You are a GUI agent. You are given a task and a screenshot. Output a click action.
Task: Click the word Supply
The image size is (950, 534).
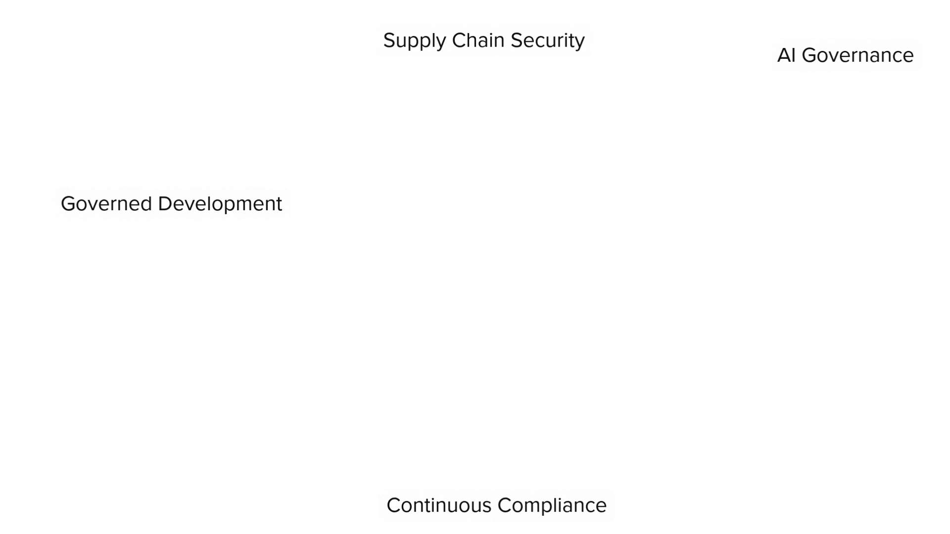point(414,41)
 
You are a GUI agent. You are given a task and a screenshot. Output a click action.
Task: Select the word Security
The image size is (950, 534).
point(547,41)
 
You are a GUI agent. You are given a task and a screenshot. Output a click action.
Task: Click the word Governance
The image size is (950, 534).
point(857,55)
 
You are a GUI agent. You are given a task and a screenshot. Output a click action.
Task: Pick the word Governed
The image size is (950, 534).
point(106,204)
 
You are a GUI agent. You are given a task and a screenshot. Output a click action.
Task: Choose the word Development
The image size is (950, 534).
point(220,204)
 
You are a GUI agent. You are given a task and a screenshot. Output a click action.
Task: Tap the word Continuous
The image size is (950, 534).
point(439,505)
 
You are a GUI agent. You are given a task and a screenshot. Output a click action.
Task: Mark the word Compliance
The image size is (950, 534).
point(552,506)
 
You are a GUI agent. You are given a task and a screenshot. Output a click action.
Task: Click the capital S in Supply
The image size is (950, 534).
point(389,41)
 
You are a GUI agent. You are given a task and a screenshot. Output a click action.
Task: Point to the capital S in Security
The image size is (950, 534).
point(516,41)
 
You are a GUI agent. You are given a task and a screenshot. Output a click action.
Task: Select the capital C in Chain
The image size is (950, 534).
point(458,41)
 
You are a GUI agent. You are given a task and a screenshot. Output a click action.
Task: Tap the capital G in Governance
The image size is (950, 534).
point(808,55)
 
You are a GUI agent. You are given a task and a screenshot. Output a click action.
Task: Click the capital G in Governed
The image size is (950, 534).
point(67,204)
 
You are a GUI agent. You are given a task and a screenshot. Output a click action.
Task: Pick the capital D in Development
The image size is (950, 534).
point(164,204)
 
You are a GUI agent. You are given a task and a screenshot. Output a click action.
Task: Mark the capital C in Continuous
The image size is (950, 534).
point(393,505)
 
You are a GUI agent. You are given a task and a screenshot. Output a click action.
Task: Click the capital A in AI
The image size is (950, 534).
point(783,55)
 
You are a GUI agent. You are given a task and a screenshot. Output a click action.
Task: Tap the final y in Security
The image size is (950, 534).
point(580,43)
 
